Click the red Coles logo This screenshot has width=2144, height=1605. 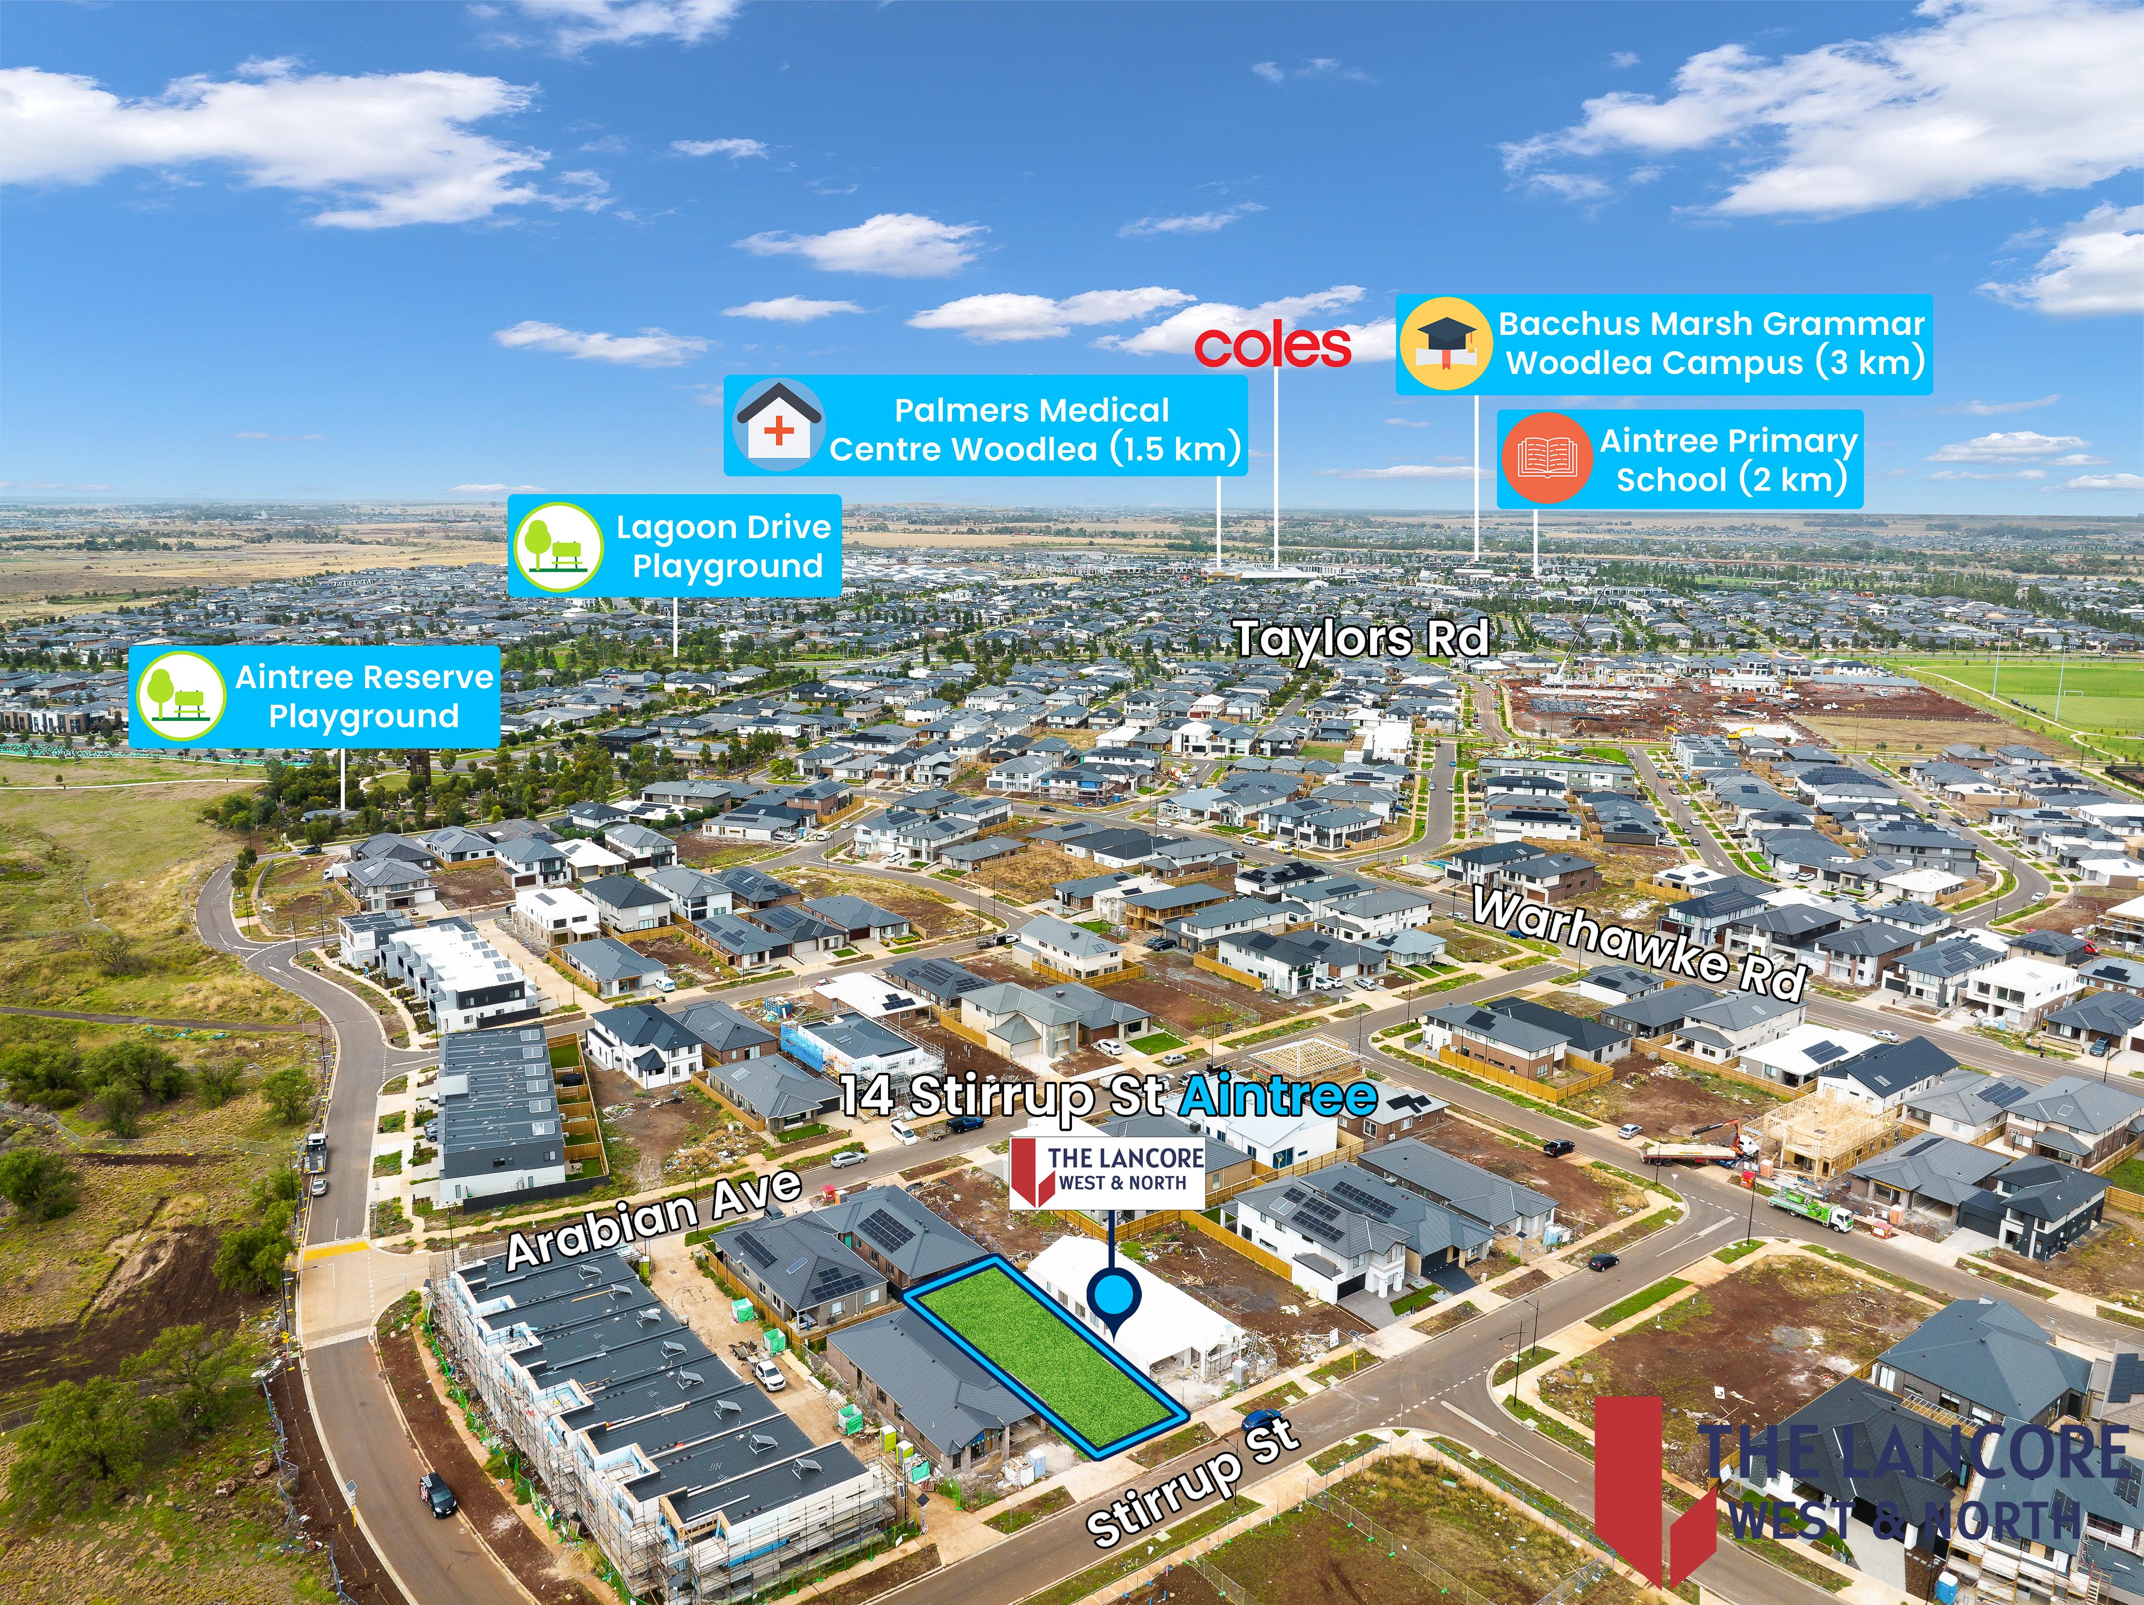point(1272,347)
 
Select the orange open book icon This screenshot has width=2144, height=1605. point(1547,458)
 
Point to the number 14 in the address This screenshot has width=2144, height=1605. point(867,1095)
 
